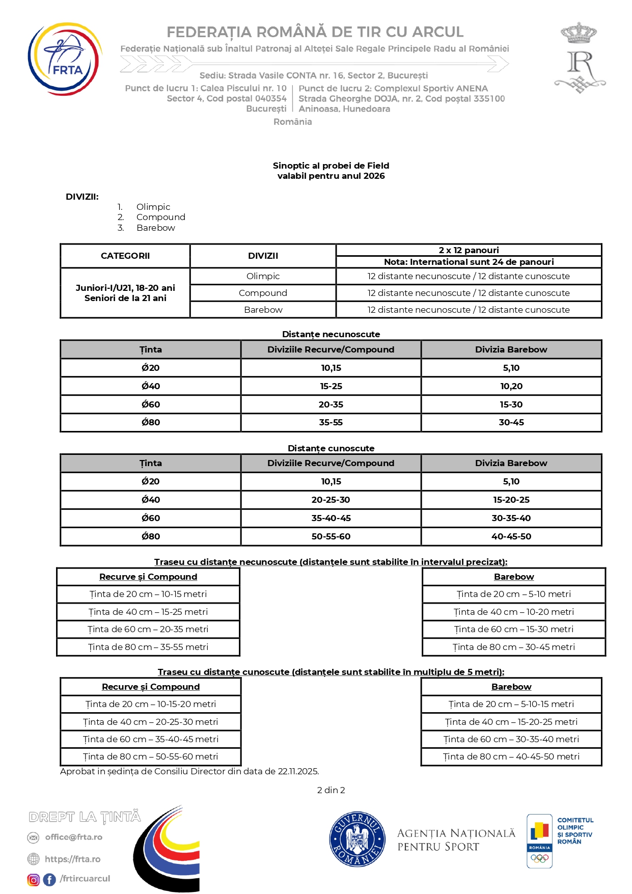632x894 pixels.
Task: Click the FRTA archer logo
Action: [x=64, y=59]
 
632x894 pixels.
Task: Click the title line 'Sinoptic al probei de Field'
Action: [x=331, y=166]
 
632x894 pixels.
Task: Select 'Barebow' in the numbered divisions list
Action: [x=155, y=228]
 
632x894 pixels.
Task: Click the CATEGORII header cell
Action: [x=125, y=256]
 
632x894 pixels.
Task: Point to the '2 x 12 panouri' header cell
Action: [x=469, y=250]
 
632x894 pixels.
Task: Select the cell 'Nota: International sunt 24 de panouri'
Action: [x=469, y=262]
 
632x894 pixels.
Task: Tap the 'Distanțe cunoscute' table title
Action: [x=331, y=448]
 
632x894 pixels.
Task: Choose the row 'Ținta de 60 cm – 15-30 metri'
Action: [x=513, y=629]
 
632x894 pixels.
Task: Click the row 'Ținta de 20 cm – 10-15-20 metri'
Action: [x=151, y=704]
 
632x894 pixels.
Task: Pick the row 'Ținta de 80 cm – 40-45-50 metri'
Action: [x=511, y=756]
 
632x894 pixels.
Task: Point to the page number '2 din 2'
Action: [x=331, y=790]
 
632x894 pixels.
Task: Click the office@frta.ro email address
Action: [x=73, y=837]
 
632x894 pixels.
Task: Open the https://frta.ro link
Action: [x=72, y=859]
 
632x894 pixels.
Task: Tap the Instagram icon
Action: [x=34, y=880]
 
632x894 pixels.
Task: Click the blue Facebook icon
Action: [x=49, y=880]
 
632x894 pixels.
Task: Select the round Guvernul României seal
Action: [x=357, y=839]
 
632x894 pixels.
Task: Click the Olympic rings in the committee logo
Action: [x=539, y=858]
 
